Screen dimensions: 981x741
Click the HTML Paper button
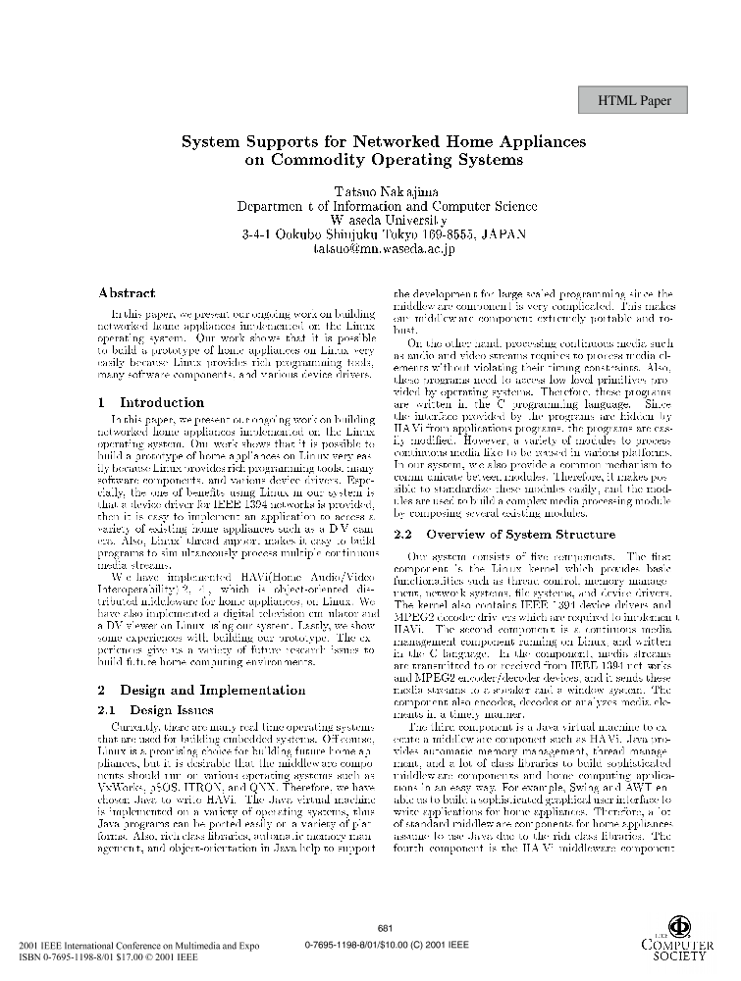coord(642,100)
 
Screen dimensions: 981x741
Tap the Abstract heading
coord(127,292)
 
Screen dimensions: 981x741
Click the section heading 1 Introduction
coord(151,402)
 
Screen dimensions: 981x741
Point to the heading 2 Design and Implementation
coord(202,662)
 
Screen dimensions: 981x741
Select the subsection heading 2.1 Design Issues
coord(156,682)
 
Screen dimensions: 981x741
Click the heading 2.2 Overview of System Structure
coord(504,535)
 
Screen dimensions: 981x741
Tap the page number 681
coord(385,928)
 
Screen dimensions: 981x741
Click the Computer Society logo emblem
coord(679,925)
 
